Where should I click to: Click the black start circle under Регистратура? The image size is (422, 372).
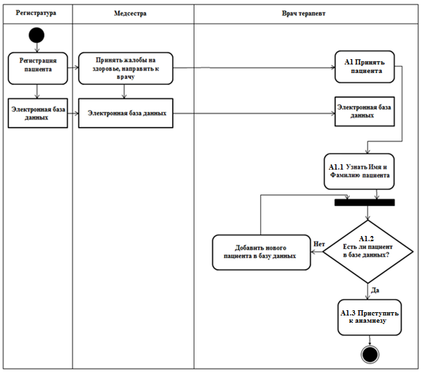pyautogui.click(x=37, y=35)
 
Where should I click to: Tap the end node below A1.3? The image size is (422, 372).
pyautogui.click(x=370, y=354)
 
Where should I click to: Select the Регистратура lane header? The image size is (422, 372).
pyautogui.click(x=35, y=13)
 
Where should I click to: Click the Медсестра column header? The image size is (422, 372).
pyautogui.click(x=130, y=13)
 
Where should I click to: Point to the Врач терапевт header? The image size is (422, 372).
pyautogui.click(x=304, y=13)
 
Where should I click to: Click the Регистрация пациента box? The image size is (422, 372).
pyautogui.click(x=37, y=68)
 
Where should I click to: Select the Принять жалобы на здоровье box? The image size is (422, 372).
pyautogui.click(x=126, y=68)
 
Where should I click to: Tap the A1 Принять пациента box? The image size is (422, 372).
pyautogui.click(x=365, y=66)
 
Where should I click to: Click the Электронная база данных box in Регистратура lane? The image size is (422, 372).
pyautogui.click(x=37, y=113)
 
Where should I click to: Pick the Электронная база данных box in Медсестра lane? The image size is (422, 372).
pyautogui.click(x=126, y=113)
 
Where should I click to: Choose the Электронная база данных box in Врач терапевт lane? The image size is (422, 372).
pyautogui.click(x=365, y=112)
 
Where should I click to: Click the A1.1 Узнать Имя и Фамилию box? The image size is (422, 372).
pyautogui.click(x=359, y=172)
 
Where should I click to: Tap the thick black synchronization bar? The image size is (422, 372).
pyautogui.click(x=365, y=202)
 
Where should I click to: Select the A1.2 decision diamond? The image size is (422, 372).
pyautogui.click(x=368, y=252)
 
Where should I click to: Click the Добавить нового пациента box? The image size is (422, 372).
pyautogui.click(x=262, y=252)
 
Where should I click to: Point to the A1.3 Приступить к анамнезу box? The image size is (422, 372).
pyautogui.click(x=369, y=317)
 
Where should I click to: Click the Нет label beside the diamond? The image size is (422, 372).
pyautogui.click(x=319, y=244)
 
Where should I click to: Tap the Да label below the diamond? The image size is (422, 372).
pyautogui.click(x=375, y=290)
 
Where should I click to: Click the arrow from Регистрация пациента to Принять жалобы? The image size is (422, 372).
pyautogui.click(x=73, y=68)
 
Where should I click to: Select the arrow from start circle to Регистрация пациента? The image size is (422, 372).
pyautogui.click(x=37, y=47)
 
